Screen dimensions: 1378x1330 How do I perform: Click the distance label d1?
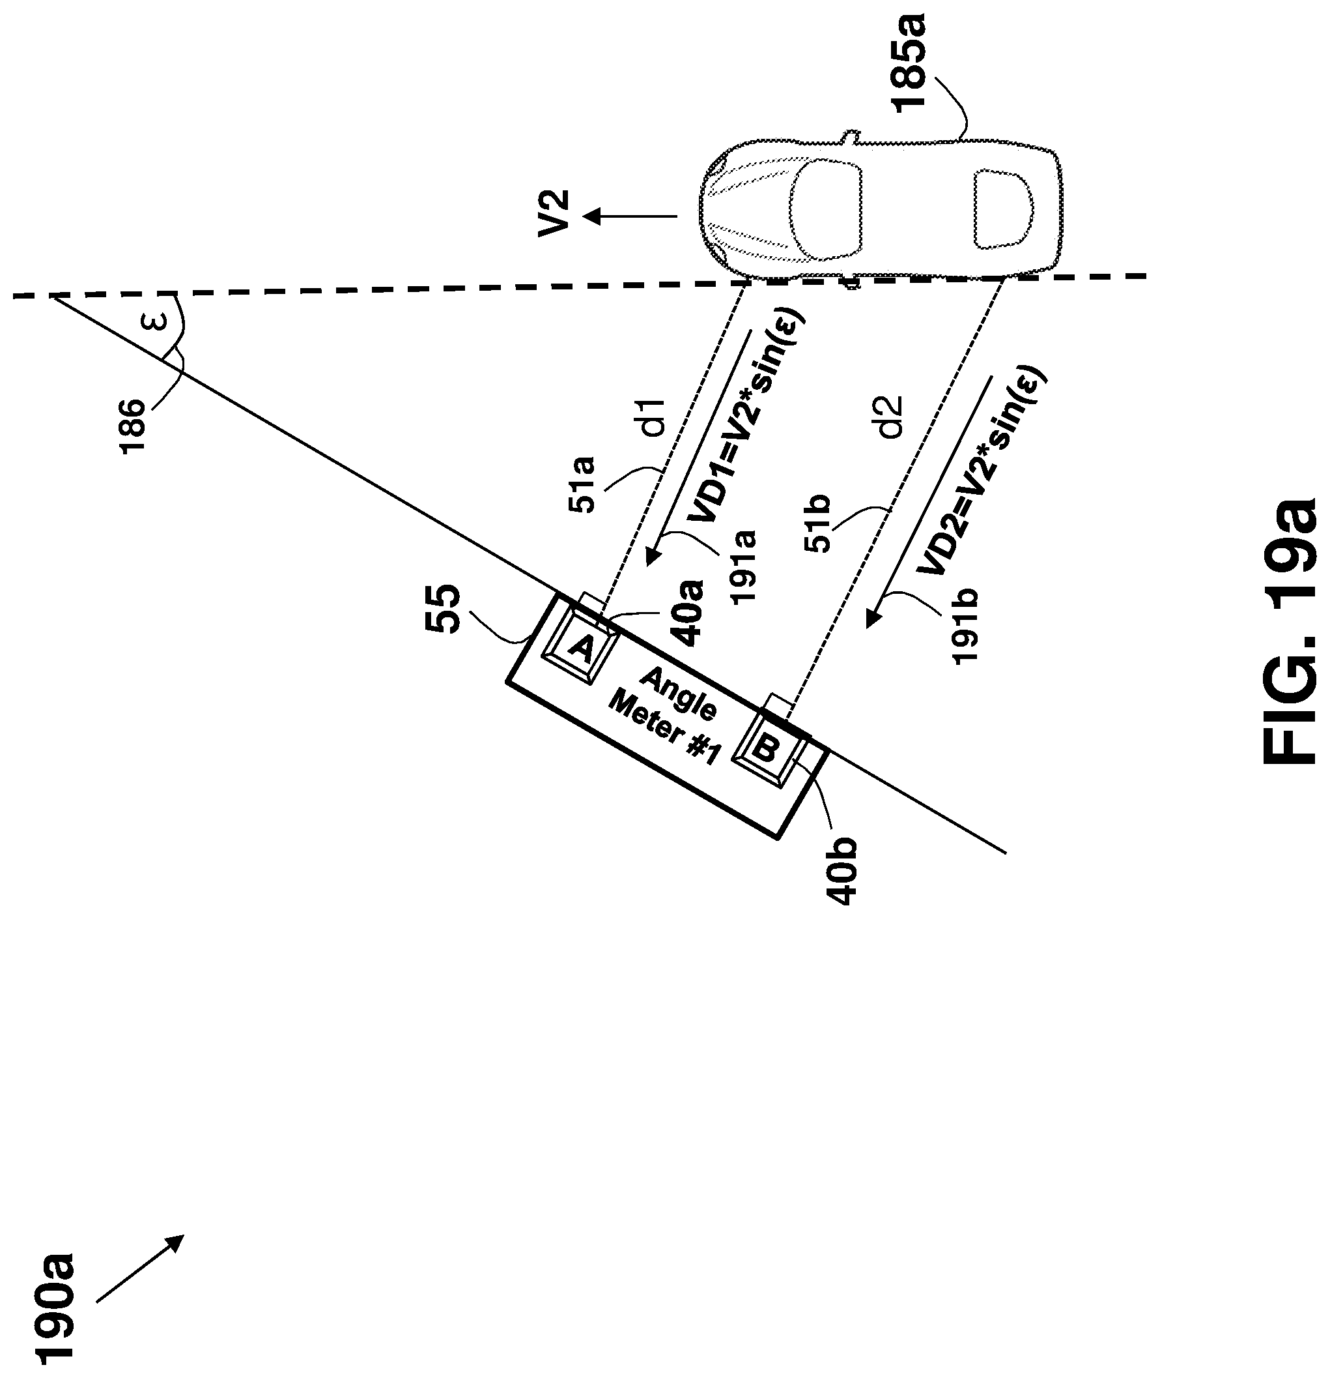(x=653, y=418)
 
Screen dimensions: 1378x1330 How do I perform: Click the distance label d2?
(x=891, y=418)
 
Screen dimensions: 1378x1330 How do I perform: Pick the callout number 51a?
(x=582, y=484)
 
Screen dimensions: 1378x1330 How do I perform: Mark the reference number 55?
(x=444, y=608)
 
